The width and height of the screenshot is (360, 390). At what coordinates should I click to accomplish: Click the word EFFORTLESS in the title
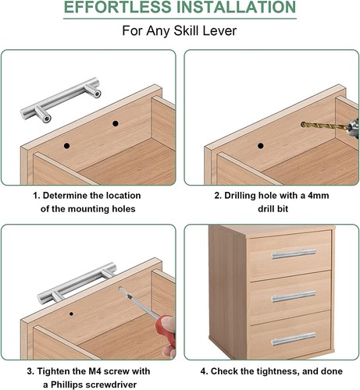tap(119, 7)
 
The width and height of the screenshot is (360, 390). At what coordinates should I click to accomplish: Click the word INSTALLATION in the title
tap(237, 7)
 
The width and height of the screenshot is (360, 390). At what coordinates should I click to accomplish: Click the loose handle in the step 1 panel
tap(60, 100)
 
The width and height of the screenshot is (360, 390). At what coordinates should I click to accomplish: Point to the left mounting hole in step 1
tap(67, 146)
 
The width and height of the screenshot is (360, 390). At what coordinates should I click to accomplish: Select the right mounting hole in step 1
tap(116, 123)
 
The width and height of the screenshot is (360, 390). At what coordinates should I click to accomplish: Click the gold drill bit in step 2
tap(326, 126)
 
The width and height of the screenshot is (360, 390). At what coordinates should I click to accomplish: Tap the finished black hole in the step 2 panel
tap(261, 146)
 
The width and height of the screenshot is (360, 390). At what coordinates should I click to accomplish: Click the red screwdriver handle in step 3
tap(166, 330)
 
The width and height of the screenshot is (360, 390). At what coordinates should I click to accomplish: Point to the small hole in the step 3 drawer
tap(71, 314)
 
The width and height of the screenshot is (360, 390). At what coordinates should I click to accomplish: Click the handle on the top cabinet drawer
tap(294, 254)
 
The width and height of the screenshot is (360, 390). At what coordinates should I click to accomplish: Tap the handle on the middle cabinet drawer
tap(294, 296)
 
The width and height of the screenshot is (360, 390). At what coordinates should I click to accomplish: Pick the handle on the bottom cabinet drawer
tap(294, 339)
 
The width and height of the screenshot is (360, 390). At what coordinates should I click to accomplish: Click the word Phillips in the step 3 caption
tap(66, 385)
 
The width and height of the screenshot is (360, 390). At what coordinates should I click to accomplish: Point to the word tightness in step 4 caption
tap(278, 371)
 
